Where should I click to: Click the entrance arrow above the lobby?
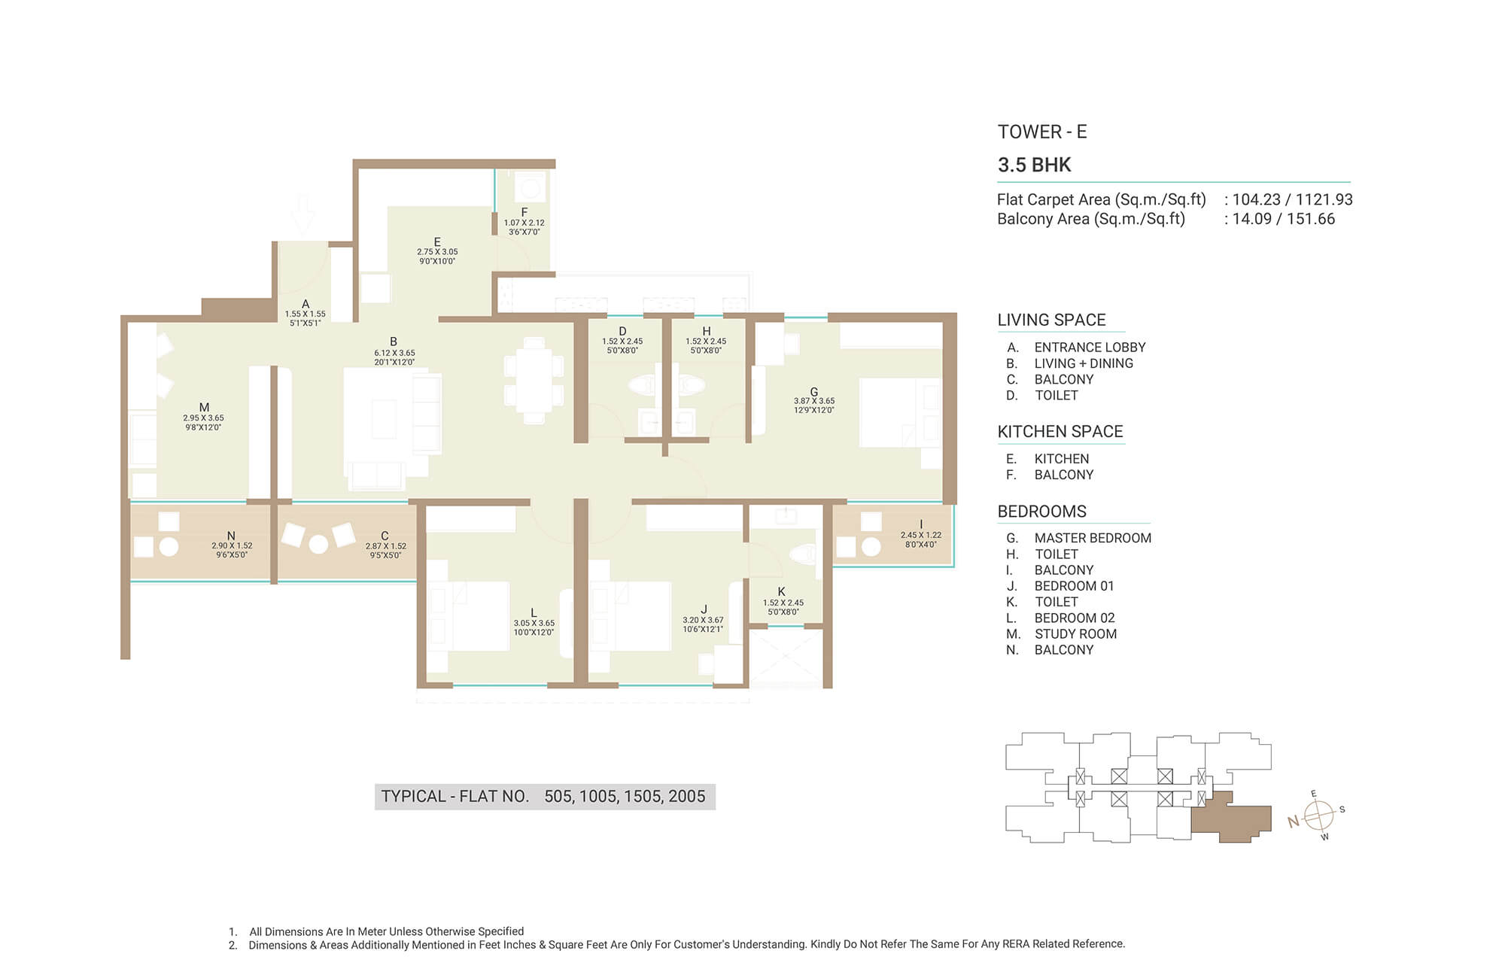[303, 214]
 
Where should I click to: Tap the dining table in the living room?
[534, 381]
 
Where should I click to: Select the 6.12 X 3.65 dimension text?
[395, 353]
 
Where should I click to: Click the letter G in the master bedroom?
[814, 392]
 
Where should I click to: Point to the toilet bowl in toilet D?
[643, 386]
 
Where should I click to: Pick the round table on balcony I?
[871, 547]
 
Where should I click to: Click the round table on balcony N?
[169, 547]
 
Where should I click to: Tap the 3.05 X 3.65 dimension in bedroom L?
[534, 623]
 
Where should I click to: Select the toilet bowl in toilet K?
[802, 555]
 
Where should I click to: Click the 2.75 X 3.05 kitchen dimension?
[437, 252]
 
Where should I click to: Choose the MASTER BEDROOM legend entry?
[1093, 538]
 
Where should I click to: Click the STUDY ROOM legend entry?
[1075, 634]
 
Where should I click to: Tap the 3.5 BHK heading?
[1034, 165]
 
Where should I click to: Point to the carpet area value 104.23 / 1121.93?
[1292, 199]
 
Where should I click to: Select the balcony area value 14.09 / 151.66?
[1284, 219]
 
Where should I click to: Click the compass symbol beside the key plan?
[1318, 815]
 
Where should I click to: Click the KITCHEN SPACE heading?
[1060, 432]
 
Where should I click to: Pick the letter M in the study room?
[204, 408]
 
